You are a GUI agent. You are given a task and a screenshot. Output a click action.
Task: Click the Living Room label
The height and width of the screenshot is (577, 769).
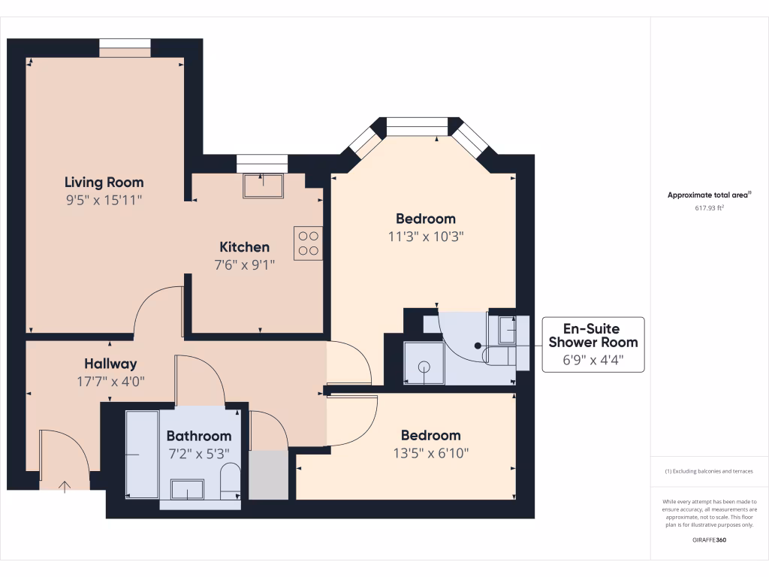click(104, 182)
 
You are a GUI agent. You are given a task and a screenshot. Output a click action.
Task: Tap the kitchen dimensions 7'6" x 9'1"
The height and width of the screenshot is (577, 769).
click(244, 264)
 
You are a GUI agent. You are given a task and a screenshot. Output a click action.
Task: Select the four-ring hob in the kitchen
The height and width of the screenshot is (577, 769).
click(308, 243)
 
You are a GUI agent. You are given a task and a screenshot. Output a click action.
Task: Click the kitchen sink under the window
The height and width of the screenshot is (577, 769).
click(263, 186)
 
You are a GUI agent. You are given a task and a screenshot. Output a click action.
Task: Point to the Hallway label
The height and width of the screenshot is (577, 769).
click(110, 364)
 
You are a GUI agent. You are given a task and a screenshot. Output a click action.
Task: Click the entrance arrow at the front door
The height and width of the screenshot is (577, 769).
click(65, 486)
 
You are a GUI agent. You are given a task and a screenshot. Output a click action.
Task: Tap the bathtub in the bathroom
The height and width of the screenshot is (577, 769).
click(142, 455)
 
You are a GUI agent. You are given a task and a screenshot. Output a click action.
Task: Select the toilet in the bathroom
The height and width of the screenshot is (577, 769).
click(231, 479)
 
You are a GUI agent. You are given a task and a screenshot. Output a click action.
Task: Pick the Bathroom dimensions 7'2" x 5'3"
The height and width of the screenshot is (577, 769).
click(198, 453)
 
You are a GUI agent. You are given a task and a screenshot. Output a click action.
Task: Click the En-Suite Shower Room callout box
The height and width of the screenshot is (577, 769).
click(593, 345)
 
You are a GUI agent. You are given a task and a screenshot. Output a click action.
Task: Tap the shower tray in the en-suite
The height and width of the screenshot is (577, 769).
click(424, 364)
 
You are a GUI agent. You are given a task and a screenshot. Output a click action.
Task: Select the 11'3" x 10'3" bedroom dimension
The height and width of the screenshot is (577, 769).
click(426, 236)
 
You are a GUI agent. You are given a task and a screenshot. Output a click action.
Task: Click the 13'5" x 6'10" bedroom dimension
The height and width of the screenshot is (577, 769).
click(430, 453)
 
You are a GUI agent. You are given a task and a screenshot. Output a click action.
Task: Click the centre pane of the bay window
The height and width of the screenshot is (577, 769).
click(417, 125)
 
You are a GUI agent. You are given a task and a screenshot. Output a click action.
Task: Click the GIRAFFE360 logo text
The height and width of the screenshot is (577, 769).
click(709, 540)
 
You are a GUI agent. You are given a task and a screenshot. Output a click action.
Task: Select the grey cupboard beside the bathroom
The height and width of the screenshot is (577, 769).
click(268, 475)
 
